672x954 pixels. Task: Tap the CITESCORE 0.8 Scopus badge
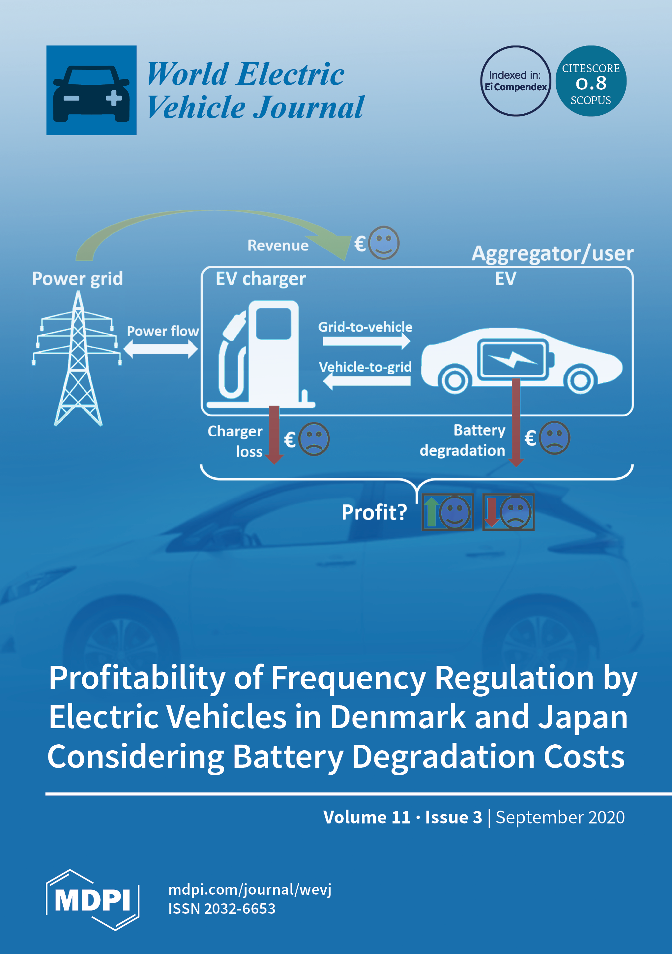pos(591,81)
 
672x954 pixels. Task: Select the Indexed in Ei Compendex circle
pos(515,81)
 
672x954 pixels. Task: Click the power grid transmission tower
pos(78,357)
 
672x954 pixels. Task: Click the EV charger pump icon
pos(262,353)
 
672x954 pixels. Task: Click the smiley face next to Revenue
pos(384,243)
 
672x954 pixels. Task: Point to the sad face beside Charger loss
pos(314,439)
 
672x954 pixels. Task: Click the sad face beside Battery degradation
pos(554,438)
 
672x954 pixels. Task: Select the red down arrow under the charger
pos(274,434)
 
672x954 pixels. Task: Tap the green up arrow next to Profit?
pos(431,512)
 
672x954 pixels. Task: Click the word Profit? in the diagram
pos(374,512)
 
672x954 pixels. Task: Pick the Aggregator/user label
pos(552,253)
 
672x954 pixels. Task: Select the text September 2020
pos(560,817)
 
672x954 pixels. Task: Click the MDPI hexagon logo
pos(92,900)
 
